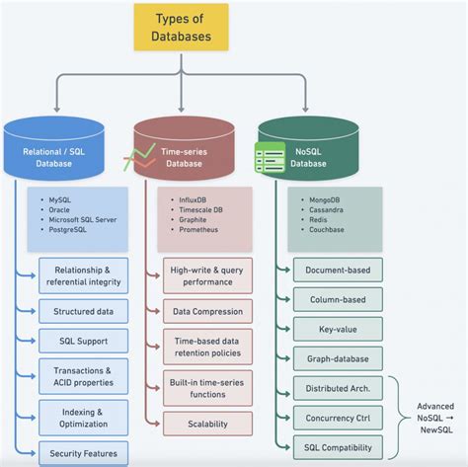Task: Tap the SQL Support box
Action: [83, 342]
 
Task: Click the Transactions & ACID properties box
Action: [83, 377]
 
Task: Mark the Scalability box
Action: [207, 423]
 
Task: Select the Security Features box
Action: [83, 454]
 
